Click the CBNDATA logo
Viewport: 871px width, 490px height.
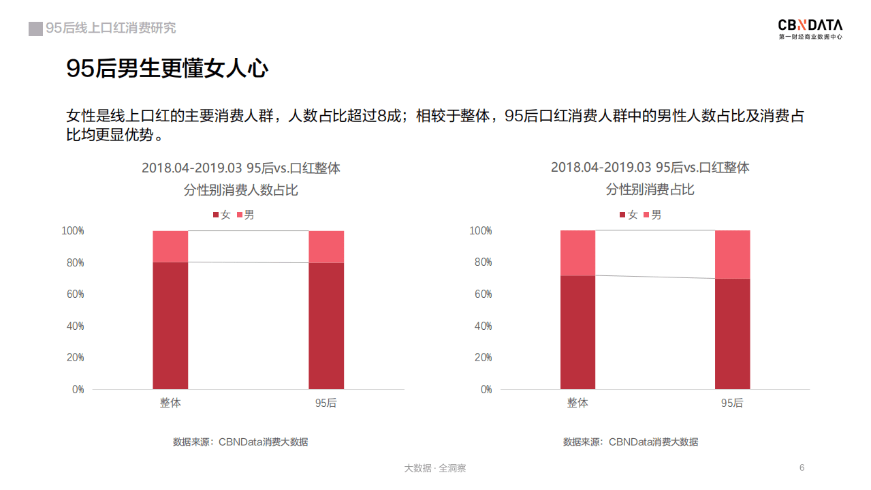(810, 29)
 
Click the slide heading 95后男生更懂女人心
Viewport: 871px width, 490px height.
(167, 68)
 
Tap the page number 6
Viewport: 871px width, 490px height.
(802, 468)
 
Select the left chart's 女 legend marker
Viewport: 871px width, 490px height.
(216, 215)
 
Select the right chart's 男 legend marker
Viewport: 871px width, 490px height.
(646, 215)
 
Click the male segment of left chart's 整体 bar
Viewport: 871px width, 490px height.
(170, 247)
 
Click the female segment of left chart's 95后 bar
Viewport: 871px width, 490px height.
(326, 326)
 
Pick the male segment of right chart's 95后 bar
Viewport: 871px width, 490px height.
(732, 254)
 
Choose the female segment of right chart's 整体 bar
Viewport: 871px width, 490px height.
(577, 332)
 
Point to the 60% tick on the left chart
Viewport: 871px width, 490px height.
(73, 294)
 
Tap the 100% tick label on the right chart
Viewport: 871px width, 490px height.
(480, 231)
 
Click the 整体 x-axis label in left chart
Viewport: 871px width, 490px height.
(170, 403)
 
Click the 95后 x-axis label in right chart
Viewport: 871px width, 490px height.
(732, 403)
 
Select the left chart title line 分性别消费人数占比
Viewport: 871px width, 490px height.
(240, 190)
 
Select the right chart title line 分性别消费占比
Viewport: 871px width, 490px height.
(650, 189)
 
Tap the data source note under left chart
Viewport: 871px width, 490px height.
(240, 442)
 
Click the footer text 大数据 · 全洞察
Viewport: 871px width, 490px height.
(435, 468)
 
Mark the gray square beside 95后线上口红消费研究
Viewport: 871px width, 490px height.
(35, 29)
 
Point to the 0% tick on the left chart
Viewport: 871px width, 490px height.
(77, 389)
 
